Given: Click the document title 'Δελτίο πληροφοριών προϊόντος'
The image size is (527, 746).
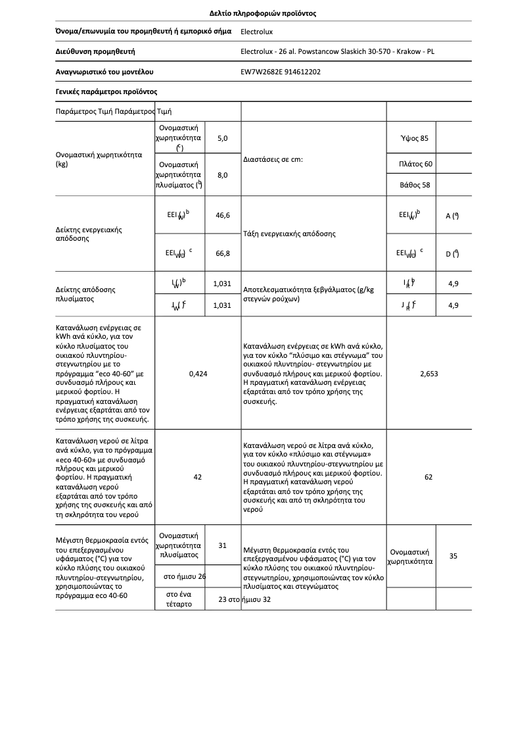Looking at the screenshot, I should click(263, 13).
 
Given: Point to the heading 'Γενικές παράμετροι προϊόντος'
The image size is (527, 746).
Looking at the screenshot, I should click(106, 92).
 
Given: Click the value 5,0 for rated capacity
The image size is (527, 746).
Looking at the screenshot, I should click(222, 138).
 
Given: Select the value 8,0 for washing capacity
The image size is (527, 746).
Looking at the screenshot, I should click(222, 175).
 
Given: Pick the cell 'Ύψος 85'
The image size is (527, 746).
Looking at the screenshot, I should click(414, 138).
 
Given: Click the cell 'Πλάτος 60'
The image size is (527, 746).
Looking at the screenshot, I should click(415, 164).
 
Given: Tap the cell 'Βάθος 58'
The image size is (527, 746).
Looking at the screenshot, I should click(415, 185).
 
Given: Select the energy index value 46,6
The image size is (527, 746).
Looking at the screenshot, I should click(222, 215).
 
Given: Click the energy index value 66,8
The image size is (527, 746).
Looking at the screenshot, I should click(222, 253).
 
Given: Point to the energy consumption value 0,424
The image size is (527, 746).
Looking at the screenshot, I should click(198, 374).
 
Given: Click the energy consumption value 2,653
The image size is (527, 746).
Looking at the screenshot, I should click(428, 374).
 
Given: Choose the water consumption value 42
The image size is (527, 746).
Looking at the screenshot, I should click(198, 477).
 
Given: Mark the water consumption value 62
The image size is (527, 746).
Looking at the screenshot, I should click(428, 477).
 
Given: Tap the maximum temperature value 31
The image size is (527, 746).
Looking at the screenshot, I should click(222, 545).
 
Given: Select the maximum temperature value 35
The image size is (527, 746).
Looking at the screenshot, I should click(453, 557).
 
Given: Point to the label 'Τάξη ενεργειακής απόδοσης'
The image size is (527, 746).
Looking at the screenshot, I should click(289, 234).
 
